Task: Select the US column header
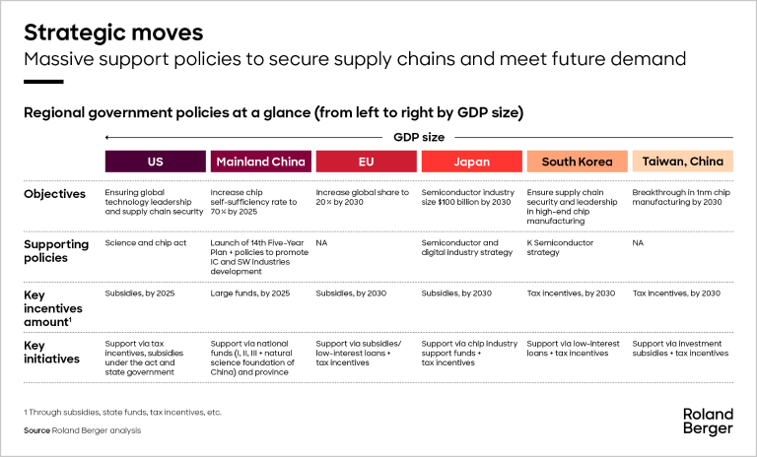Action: tap(155, 162)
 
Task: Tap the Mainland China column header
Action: tap(260, 162)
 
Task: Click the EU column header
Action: tap(366, 162)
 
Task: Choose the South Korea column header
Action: tap(577, 162)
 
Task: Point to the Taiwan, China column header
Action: tap(681, 162)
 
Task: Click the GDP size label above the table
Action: tap(418, 137)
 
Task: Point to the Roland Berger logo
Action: tap(707, 421)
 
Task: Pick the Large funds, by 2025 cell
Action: tap(250, 294)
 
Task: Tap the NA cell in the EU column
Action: tap(322, 241)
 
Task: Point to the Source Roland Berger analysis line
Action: tap(83, 431)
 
